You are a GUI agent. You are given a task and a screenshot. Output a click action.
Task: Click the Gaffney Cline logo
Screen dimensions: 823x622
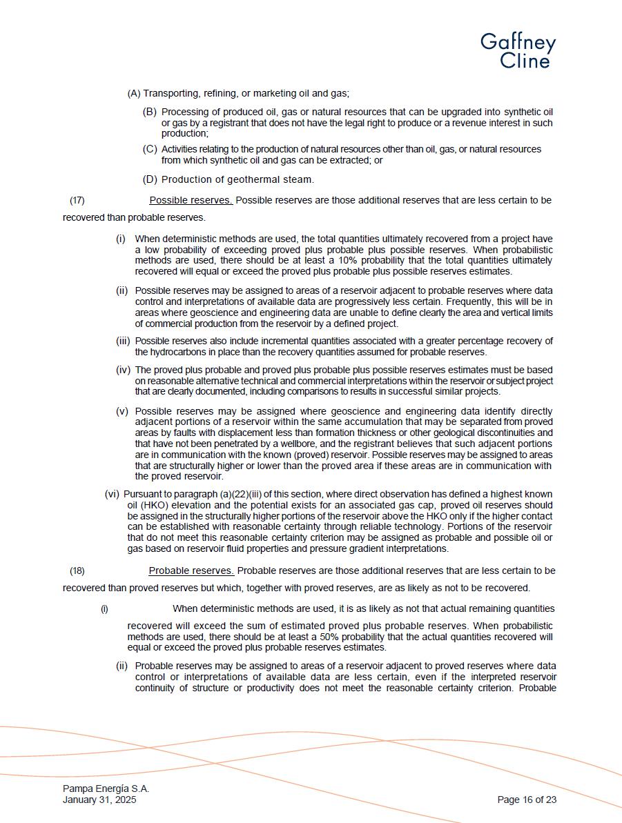coord(518,51)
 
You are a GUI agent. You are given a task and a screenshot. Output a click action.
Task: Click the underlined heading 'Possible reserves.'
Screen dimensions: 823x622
coord(191,200)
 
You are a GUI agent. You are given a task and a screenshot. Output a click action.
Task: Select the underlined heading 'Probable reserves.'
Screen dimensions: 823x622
coord(191,571)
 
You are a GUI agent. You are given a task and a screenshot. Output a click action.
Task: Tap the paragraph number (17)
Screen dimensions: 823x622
coord(77,201)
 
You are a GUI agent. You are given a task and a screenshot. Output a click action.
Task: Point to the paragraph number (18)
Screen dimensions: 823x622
coord(77,571)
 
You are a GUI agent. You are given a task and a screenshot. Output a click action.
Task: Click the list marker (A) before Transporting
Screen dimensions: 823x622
coord(134,94)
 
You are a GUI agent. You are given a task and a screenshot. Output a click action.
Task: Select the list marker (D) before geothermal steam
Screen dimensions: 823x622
coord(150,179)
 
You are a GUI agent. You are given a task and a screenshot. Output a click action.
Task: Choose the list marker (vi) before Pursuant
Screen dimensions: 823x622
coord(112,494)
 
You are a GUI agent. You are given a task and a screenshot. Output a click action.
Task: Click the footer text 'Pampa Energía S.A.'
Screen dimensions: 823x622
coord(106,789)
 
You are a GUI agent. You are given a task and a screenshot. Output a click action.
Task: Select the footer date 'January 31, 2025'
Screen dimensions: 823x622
coord(99,800)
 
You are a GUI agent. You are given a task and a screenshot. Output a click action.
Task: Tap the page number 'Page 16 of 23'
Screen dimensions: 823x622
coord(527,800)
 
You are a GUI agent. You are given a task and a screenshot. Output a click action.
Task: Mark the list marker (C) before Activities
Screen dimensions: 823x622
coord(150,149)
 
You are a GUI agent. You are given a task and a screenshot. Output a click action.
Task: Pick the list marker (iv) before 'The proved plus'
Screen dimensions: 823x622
coord(123,370)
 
